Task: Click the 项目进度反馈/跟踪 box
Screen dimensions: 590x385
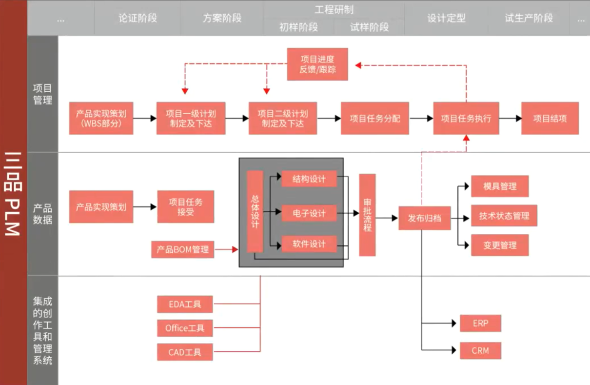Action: [317, 64]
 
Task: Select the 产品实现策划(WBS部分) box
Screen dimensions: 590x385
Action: [101, 118]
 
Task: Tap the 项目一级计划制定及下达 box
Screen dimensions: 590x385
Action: [191, 118]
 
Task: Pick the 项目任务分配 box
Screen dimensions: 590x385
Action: [375, 118]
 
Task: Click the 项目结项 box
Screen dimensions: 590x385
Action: [550, 118]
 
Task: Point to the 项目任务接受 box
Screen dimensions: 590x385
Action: [186, 207]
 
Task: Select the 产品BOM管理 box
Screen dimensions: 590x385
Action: [183, 249]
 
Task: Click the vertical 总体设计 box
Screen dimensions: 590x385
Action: [255, 212]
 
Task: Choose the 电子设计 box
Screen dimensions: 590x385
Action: [309, 213]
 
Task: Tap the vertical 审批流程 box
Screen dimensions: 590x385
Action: [368, 215]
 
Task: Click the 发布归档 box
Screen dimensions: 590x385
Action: [425, 218]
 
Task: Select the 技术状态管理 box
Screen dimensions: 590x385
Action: [504, 216]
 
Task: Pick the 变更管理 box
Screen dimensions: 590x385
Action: [500, 245]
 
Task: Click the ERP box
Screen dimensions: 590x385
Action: [481, 324]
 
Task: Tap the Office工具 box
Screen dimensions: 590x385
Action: [185, 328]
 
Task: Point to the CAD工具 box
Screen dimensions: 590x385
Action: [185, 352]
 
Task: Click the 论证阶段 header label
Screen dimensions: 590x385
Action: [138, 18]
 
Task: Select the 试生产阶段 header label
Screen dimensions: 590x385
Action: [529, 18]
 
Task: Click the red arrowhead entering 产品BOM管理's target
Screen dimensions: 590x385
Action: [235, 249]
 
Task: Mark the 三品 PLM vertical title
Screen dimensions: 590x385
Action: [13, 194]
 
